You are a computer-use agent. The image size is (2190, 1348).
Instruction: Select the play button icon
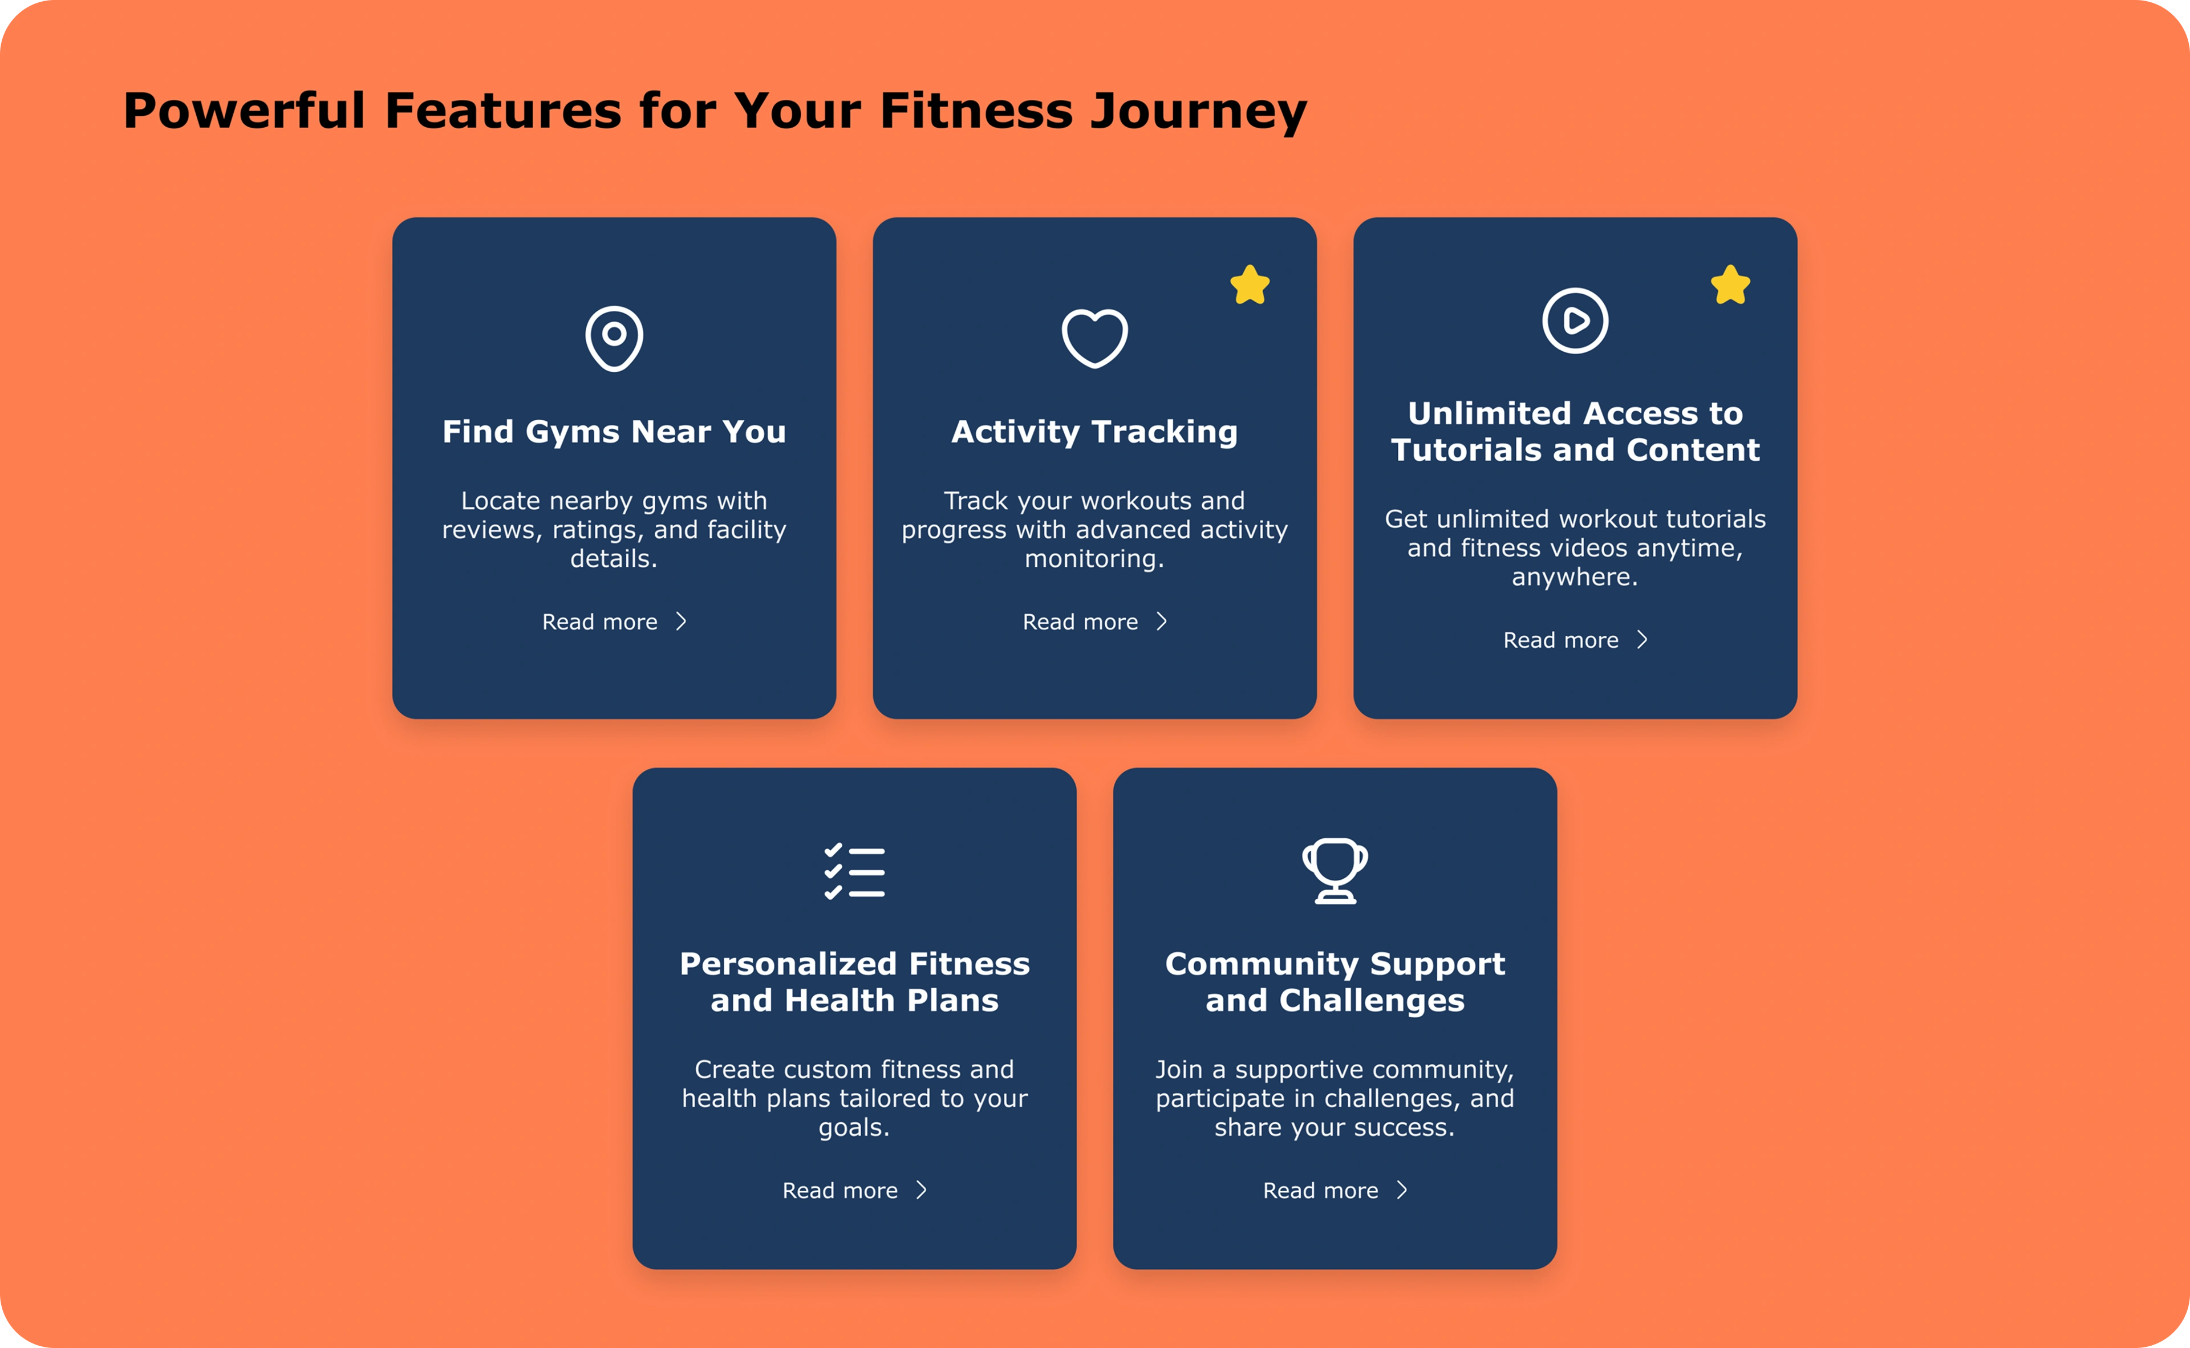click(x=1576, y=321)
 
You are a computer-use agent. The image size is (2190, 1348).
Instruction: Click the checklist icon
click(x=854, y=871)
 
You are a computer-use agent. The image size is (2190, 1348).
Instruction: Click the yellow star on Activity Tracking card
click(x=1250, y=285)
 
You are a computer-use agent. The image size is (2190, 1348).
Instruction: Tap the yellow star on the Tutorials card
click(x=1731, y=285)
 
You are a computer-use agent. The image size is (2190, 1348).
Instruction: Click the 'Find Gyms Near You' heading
click(x=614, y=432)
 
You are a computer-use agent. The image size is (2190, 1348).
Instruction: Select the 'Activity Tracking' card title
click(x=1095, y=432)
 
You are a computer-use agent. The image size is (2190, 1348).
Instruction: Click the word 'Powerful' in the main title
click(x=244, y=111)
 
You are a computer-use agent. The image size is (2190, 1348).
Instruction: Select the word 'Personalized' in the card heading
click(x=788, y=964)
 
